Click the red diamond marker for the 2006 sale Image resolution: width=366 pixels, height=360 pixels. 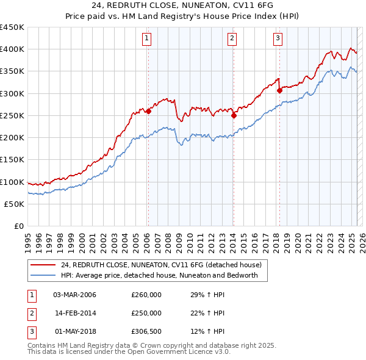click(148, 111)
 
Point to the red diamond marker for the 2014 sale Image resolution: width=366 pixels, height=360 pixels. click(234, 115)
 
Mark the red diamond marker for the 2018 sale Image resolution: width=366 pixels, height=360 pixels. click(279, 90)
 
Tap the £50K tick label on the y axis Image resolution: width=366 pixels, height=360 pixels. click(15, 204)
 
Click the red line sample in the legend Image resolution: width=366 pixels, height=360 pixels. click(43, 265)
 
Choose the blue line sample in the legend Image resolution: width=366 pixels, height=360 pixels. click(43, 276)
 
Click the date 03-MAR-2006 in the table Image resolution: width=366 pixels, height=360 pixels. click(74, 295)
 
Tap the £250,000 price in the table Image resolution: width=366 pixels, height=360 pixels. click(146, 313)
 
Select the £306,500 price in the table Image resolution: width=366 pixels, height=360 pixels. click(146, 331)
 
